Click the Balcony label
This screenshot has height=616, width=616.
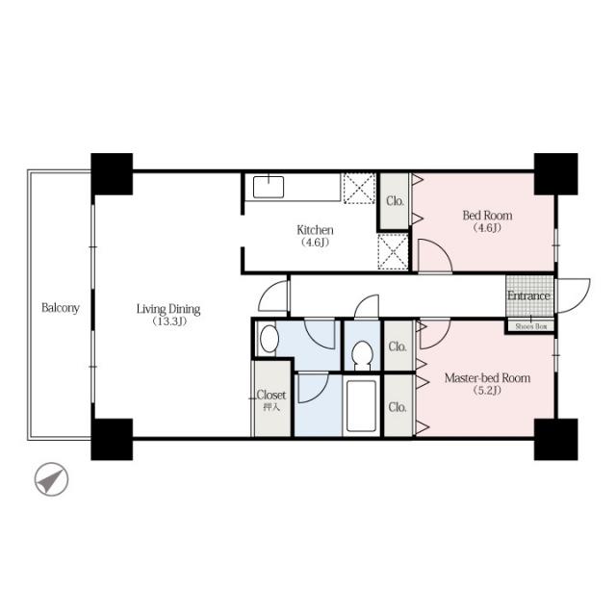[61, 308]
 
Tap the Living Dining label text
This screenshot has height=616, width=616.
[168, 309]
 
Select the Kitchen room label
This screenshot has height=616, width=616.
[315, 230]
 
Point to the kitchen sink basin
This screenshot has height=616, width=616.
[269, 187]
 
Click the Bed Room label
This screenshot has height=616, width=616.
[487, 216]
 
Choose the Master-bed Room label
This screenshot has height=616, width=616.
[488, 378]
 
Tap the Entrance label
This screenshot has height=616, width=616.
[528, 295]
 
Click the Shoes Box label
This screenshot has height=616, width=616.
[531, 326]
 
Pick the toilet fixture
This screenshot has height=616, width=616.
[362, 355]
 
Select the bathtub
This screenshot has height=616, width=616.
[362, 406]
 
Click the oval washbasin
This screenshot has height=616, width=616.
[269, 339]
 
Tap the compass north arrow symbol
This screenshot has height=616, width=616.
[51, 479]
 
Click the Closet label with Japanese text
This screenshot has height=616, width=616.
[271, 399]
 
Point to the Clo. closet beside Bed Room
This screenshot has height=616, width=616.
[395, 201]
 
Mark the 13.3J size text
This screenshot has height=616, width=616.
[169, 321]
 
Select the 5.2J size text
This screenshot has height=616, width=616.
[488, 391]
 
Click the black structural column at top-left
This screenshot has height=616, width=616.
[112, 174]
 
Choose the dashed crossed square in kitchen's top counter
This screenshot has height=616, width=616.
[359, 189]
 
